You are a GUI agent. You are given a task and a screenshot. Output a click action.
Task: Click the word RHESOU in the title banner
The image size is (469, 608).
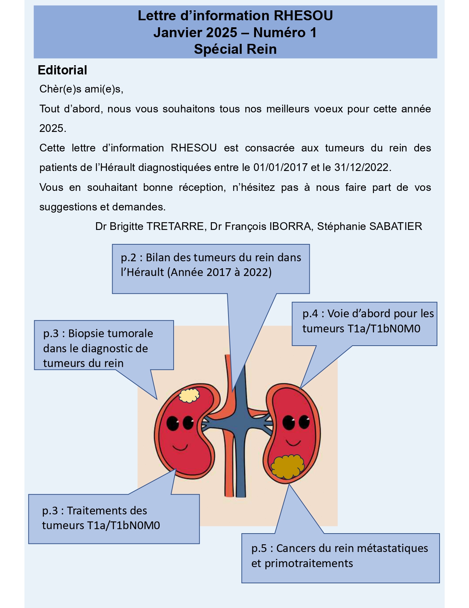point(303,16)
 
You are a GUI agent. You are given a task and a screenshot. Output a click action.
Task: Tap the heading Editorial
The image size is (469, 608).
point(63,70)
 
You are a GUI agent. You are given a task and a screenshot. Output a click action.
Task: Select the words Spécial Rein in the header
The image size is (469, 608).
point(235,49)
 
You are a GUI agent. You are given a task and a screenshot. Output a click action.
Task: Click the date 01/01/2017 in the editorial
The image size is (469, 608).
point(280,168)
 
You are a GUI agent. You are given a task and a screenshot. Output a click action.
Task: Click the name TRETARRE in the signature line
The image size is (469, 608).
point(175,226)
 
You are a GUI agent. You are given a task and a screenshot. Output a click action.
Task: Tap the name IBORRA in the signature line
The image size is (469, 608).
point(290,226)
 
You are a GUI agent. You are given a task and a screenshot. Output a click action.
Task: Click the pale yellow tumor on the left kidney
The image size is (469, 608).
point(189,395)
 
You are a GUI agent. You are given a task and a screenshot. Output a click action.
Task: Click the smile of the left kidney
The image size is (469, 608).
point(181,448)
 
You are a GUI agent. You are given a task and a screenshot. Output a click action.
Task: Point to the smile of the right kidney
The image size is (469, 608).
point(294,442)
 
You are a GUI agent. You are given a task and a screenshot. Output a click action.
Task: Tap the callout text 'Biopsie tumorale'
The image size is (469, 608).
point(110,333)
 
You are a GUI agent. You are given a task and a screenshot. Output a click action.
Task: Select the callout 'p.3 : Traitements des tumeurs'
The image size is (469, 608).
point(101,518)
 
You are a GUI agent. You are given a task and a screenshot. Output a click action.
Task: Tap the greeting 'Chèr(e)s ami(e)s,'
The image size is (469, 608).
point(81,89)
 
